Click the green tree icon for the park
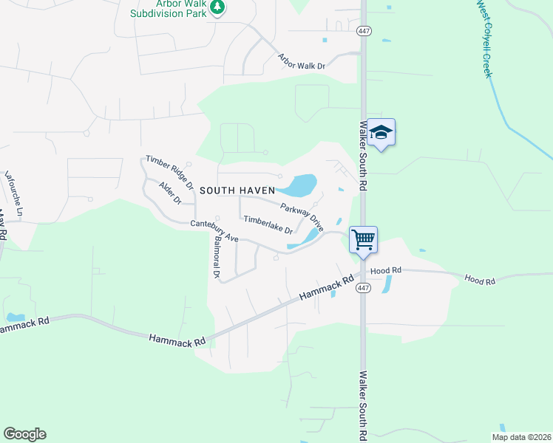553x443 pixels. tap(217, 7)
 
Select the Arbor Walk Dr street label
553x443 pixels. tap(302, 61)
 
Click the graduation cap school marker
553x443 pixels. tap(381, 133)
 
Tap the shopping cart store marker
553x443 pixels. tap(363, 240)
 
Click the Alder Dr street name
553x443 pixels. tap(171, 193)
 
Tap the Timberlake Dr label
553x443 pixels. tap(268, 224)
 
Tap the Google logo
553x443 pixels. tap(24, 434)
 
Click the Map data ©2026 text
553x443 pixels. tap(522, 437)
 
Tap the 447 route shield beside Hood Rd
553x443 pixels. tap(362, 286)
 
